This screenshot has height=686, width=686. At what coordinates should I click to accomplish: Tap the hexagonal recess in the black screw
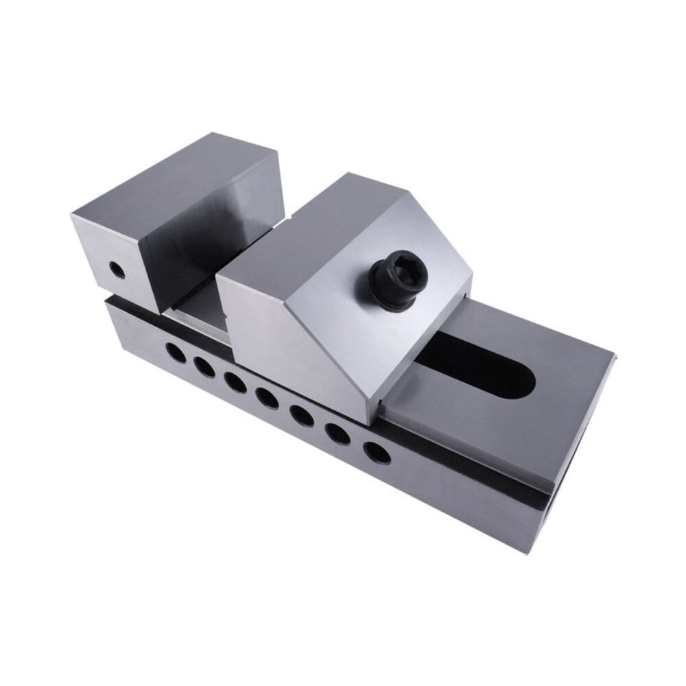click(x=405, y=269)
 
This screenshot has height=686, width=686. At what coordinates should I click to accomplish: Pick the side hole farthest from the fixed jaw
click(x=377, y=452)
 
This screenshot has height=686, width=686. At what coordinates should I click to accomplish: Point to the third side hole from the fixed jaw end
click(x=235, y=382)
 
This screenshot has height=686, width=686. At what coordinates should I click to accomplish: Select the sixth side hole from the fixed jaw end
click(x=338, y=433)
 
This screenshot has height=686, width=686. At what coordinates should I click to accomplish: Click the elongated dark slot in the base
click(x=480, y=367)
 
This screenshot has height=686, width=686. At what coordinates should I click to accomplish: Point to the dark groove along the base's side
click(x=466, y=473)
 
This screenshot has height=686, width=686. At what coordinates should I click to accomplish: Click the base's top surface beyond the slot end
click(x=563, y=398)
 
